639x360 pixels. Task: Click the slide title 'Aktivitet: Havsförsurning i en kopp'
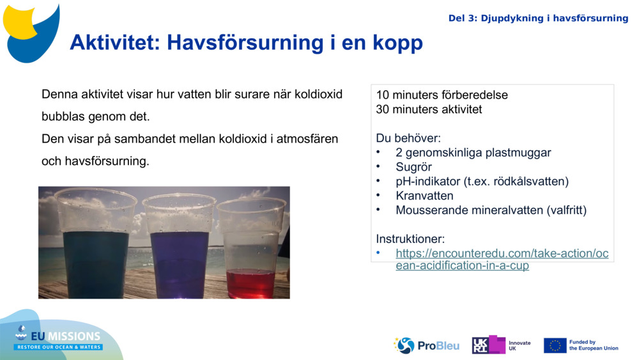(x=246, y=43)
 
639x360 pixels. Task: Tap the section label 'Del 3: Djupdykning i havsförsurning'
(x=538, y=18)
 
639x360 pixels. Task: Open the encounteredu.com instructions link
(x=502, y=259)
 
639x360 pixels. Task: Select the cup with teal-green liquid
(x=96, y=246)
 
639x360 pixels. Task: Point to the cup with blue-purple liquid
(x=179, y=246)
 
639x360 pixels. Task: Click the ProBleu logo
(x=426, y=345)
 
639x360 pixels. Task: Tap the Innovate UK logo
(x=501, y=345)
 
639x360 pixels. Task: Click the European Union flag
(x=555, y=345)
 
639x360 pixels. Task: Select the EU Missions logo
(x=59, y=338)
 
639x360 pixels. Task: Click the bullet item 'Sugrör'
(x=413, y=167)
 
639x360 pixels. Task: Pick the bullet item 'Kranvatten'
(x=424, y=196)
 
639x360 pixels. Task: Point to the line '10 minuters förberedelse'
(x=442, y=95)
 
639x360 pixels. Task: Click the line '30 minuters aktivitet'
(x=429, y=109)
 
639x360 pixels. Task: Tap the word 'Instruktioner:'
(x=410, y=239)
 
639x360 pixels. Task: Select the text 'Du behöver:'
(x=408, y=138)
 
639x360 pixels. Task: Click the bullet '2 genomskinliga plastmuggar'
(x=473, y=153)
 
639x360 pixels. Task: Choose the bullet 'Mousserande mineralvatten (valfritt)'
(x=491, y=210)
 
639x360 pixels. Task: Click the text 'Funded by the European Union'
(x=594, y=345)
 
